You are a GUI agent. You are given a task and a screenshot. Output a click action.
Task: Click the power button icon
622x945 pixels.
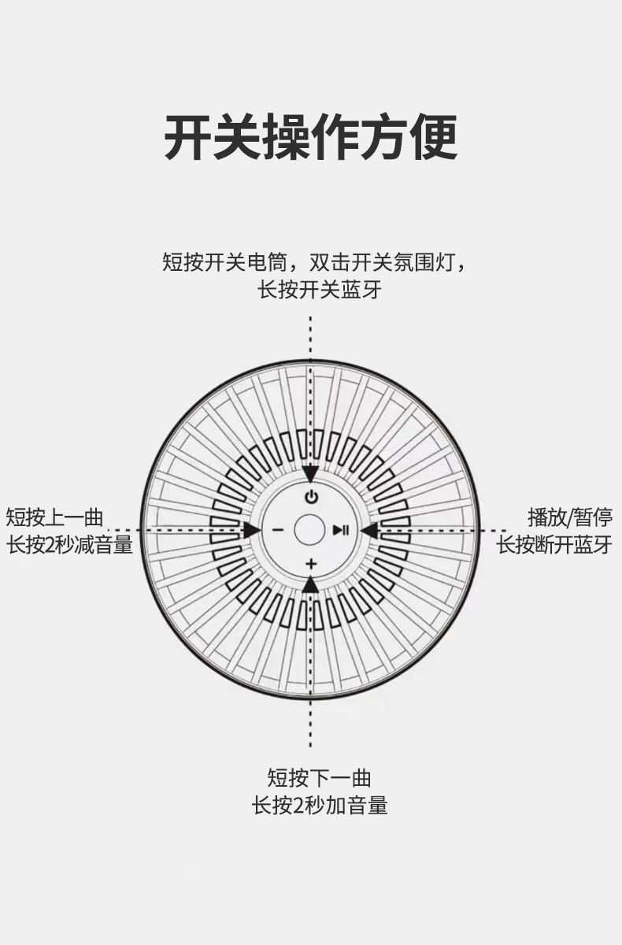coord(311,498)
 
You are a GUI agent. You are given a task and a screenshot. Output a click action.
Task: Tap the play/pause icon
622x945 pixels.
coord(341,530)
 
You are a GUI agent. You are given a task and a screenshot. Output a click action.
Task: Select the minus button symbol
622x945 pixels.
coord(276,530)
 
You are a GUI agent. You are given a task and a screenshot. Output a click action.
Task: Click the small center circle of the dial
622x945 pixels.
coord(309,530)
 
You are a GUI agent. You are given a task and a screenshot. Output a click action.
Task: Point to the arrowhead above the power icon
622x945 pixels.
coord(311,474)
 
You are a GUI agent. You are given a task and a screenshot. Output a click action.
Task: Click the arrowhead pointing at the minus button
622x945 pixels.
coord(253,530)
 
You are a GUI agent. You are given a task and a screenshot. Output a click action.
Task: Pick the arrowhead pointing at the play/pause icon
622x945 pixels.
coord(369,530)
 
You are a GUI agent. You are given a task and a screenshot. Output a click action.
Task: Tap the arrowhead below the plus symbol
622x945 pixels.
coord(311,584)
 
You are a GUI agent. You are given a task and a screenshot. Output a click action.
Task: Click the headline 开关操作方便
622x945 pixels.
coord(311,136)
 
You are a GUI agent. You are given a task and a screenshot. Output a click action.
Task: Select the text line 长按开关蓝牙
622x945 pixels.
coord(320,290)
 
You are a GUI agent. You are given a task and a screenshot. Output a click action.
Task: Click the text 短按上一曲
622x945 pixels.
coord(54,517)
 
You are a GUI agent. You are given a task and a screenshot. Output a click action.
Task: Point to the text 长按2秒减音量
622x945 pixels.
coord(69,545)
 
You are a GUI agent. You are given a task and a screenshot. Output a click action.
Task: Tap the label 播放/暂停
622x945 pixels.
coord(570,517)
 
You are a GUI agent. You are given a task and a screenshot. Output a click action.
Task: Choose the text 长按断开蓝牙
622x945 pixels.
coord(554,545)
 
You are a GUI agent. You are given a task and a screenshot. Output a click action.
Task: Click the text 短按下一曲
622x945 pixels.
coord(319,778)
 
